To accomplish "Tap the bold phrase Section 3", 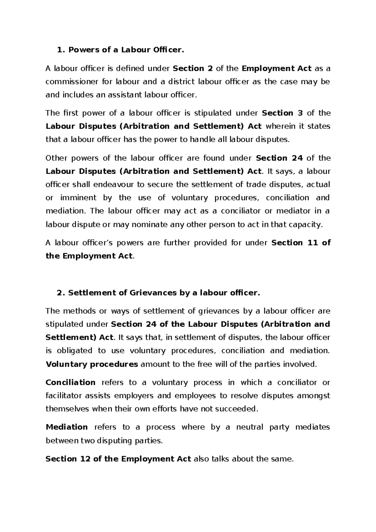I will click(282, 113).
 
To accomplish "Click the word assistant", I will click(125, 95).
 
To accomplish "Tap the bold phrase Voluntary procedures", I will click(92, 364).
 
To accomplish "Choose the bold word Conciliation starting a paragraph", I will click(70, 382).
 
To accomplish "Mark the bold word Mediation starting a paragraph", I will click(67, 427).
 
